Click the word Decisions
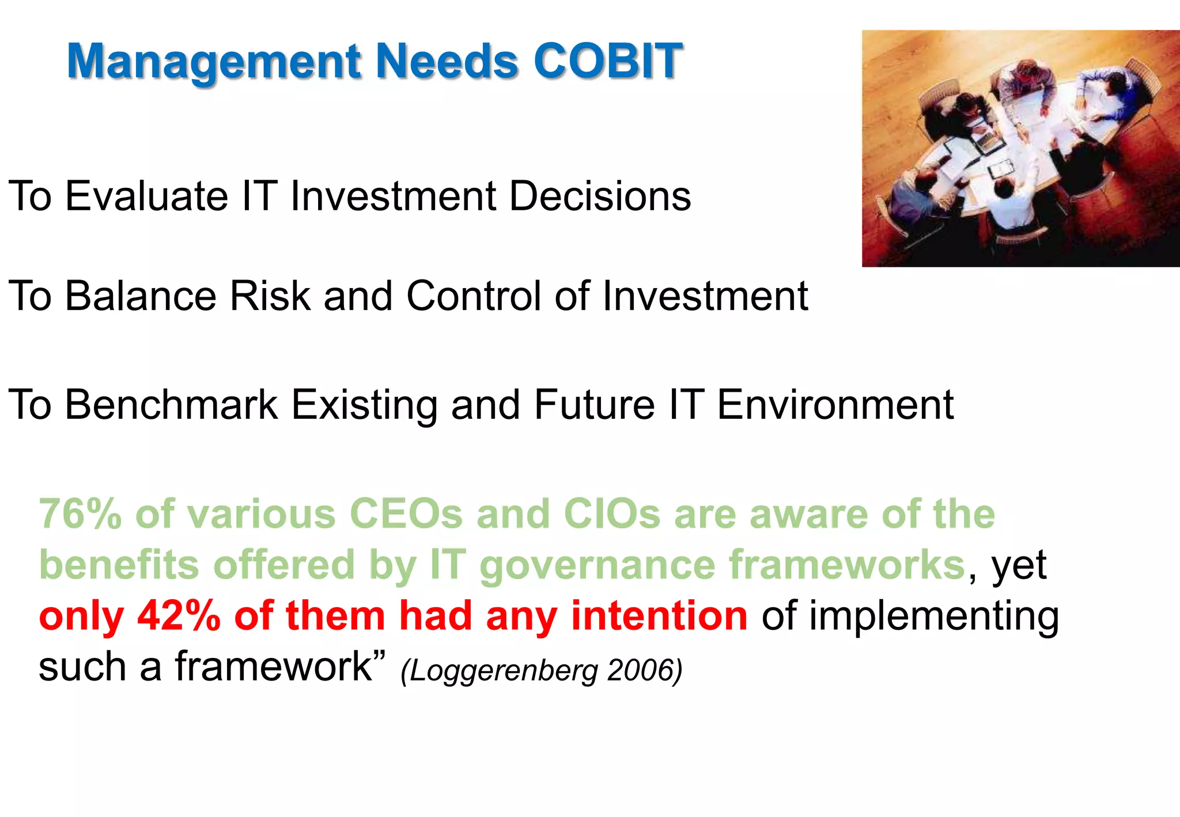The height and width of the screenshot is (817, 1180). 600,196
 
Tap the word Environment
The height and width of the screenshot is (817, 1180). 835,404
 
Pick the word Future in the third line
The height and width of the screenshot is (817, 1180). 595,404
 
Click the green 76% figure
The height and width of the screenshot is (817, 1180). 80,514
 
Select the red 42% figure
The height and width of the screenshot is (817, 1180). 179,615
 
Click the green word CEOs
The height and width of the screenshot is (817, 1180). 406,514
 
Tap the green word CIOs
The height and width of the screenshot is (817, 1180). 611,514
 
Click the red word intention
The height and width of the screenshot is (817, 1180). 659,615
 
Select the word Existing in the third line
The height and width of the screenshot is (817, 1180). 364,406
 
